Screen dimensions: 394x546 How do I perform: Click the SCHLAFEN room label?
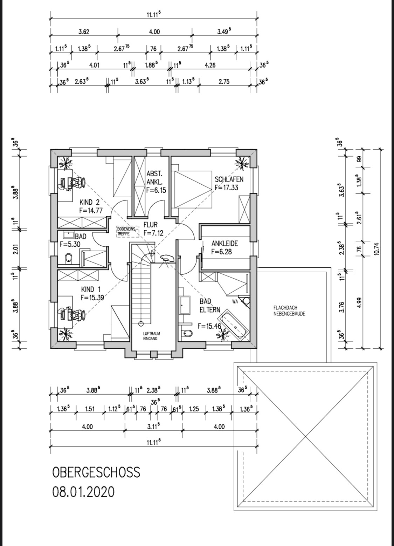pyautogui.click(x=229, y=179)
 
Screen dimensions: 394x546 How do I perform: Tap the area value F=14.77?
pyautogui.click(x=91, y=210)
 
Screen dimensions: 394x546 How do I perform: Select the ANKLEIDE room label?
pyautogui.click(x=224, y=243)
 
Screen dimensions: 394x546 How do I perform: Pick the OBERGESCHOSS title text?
pyautogui.click(x=96, y=472)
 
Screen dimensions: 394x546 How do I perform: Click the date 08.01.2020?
pyautogui.click(x=83, y=490)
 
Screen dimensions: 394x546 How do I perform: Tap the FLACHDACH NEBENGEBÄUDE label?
pyautogui.click(x=289, y=311)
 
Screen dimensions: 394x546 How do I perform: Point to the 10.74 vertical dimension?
pyautogui.click(x=377, y=248)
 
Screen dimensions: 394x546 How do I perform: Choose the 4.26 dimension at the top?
pyautogui.click(x=210, y=65)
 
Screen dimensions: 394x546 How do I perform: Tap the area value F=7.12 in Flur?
pyautogui.click(x=153, y=233)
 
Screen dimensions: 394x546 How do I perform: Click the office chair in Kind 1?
pyautogui.click(x=78, y=315)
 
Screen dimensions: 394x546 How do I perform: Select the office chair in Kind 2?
pyautogui.click(x=78, y=182)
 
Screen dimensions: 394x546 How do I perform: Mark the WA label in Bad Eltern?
pyautogui.click(x=235, y=302)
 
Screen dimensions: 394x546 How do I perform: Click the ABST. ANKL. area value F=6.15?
pyautogui.click(x=156, y=190)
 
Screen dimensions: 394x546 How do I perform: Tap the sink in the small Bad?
pyautogui.click(x=68, y=235)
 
